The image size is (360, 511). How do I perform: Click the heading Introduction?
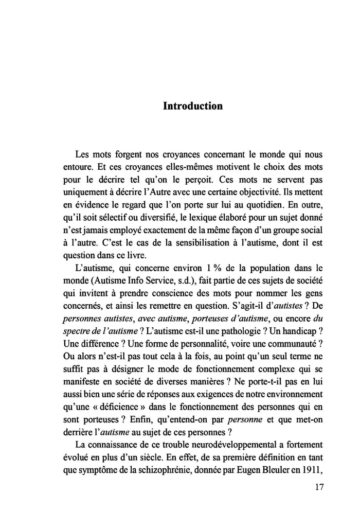tap(192, 106)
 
